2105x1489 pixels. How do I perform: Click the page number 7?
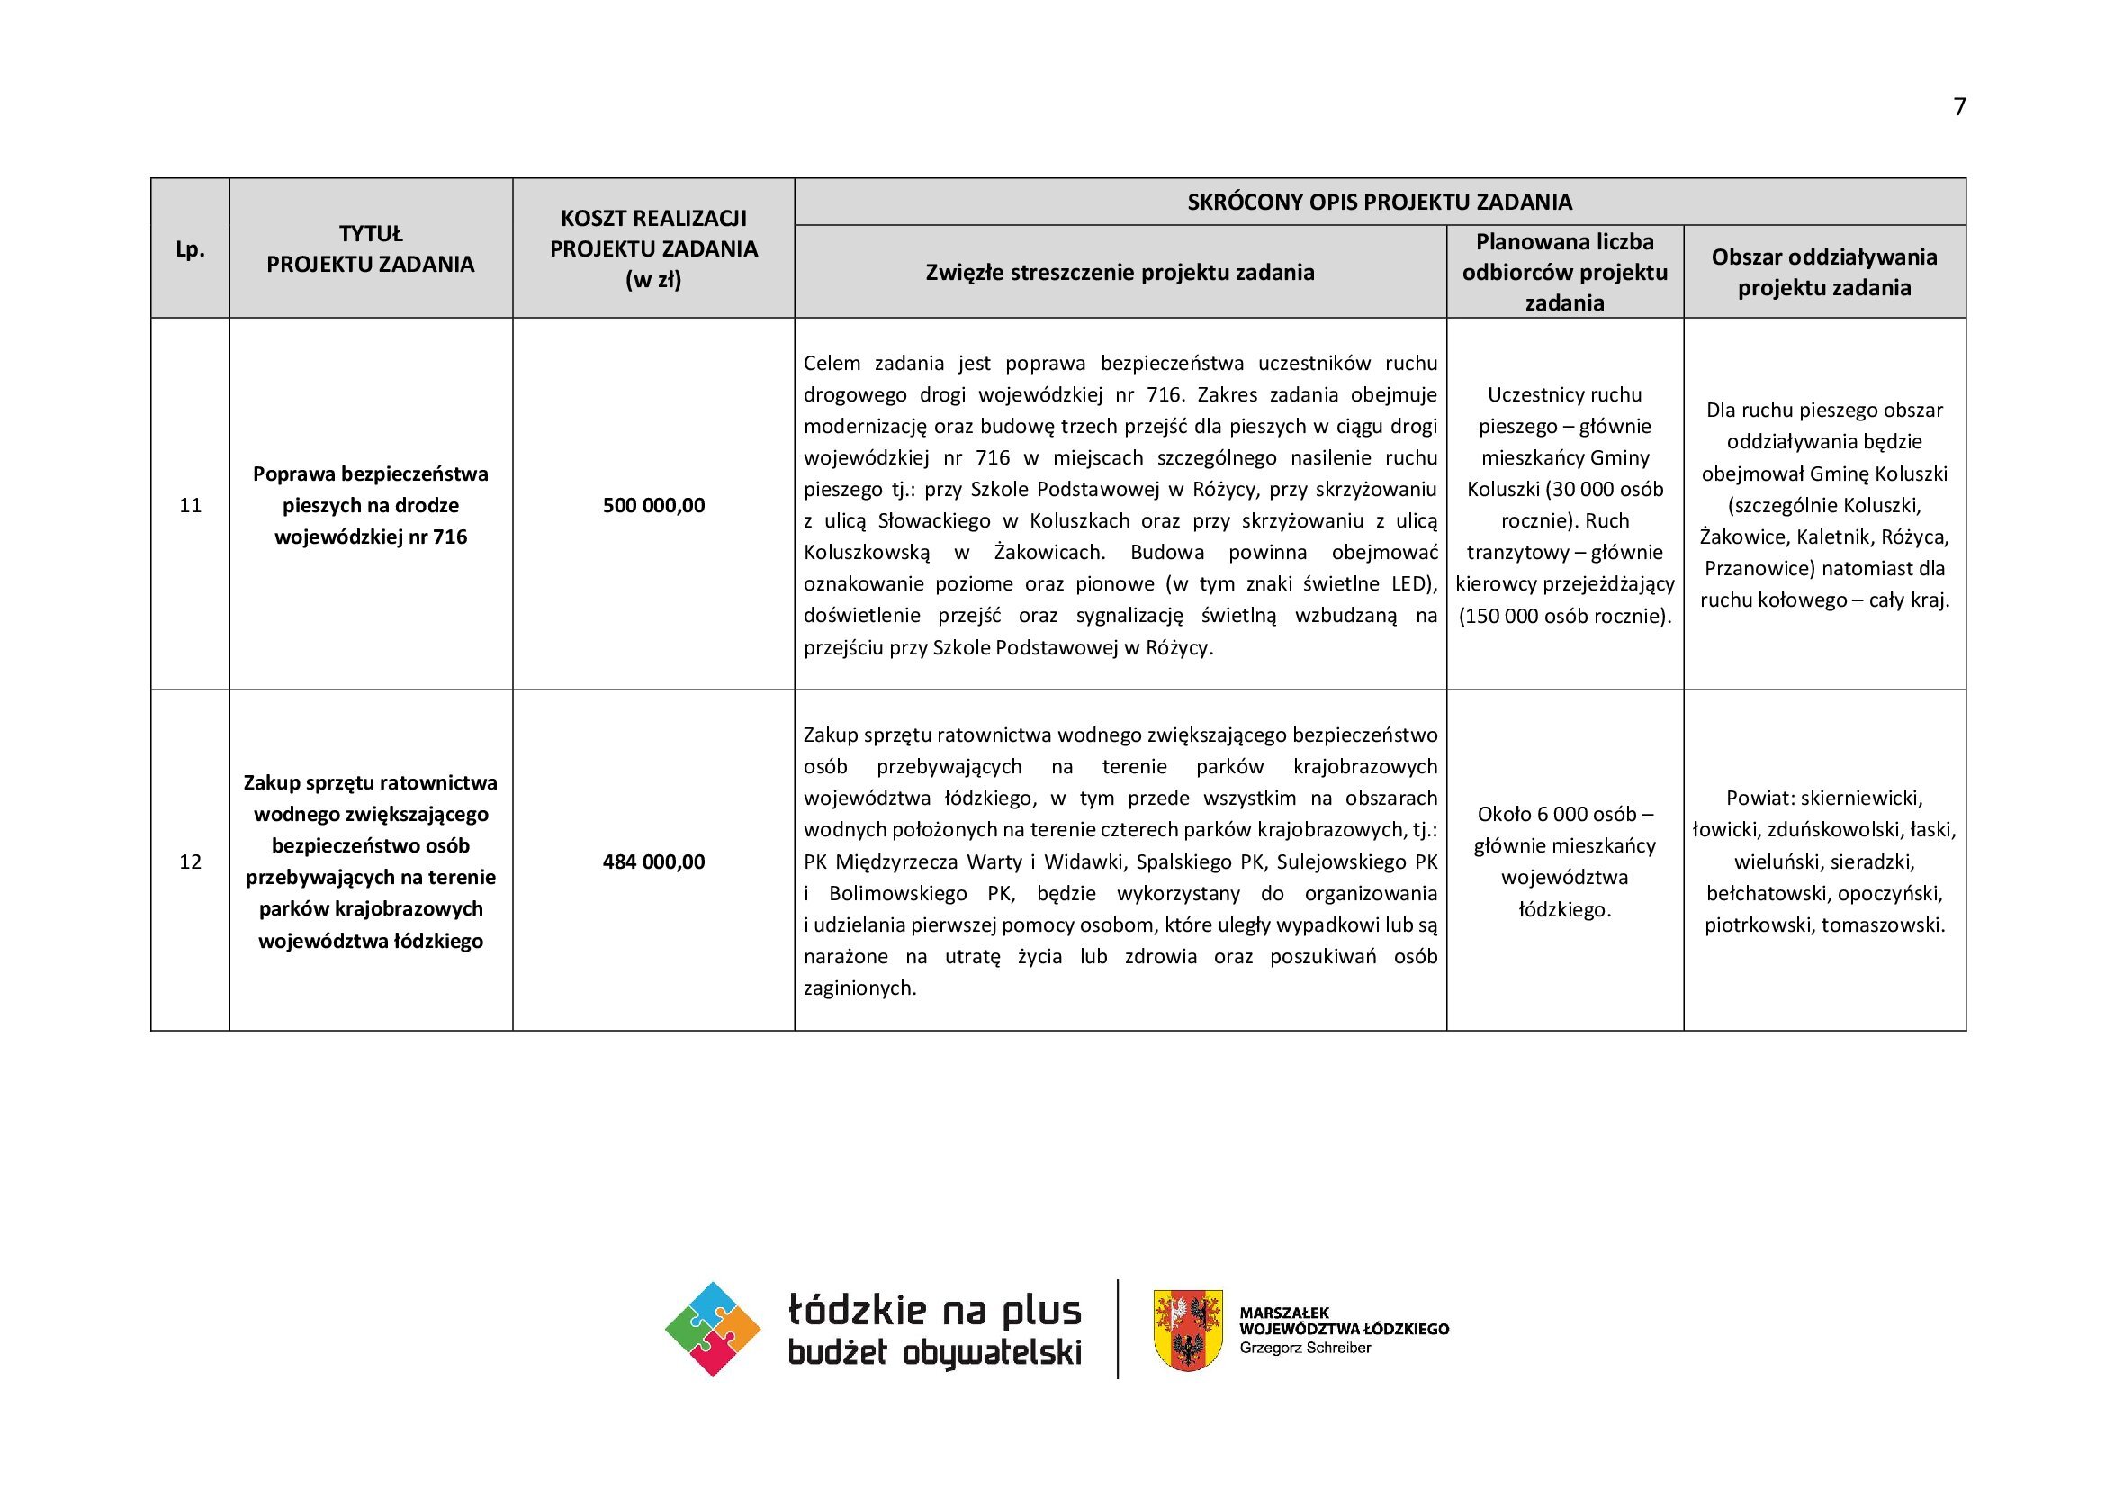click(1959, 107)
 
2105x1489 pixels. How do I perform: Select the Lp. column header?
click(190, 249)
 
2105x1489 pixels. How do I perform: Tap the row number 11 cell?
click(190, 505)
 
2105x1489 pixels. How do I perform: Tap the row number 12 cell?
click(190, 862)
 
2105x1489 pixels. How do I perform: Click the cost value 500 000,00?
click(653, 505)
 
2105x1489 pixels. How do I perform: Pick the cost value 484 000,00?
click(653, 862)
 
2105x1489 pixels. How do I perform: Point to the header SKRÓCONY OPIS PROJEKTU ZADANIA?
click(1380, 202)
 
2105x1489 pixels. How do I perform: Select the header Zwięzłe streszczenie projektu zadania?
click(1120, 272)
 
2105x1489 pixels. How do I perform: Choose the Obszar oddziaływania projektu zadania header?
click(1824, 272)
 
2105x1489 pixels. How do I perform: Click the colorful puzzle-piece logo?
click(713, 1329)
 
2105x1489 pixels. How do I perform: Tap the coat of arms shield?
click(1187, 1330)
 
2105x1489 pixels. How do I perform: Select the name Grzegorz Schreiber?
click(1305, 1348)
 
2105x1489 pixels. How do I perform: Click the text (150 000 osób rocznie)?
click(1565, 616)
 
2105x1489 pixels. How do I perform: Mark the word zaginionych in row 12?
click(859, 988)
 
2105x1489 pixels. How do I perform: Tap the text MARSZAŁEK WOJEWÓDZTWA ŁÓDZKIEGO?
click(1343, 1322)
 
